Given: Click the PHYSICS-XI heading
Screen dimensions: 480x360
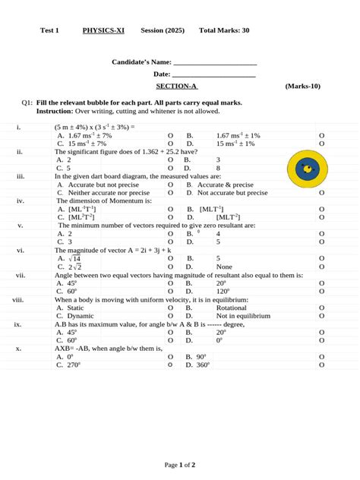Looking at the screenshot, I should click(x=103, y=30).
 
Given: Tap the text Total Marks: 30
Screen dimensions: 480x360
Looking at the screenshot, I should click(x=224, y=30).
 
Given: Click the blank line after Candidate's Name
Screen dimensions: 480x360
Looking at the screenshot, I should click(x=215, y=62).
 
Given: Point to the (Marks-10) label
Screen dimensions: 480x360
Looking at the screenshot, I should click(x=302, y=87).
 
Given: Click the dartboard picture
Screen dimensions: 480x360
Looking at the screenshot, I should click(x=308, y=169).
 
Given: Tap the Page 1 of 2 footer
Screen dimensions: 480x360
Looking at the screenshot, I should click(x=180, y=464).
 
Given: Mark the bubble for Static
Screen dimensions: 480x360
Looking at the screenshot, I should click(x=170, y=308).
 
